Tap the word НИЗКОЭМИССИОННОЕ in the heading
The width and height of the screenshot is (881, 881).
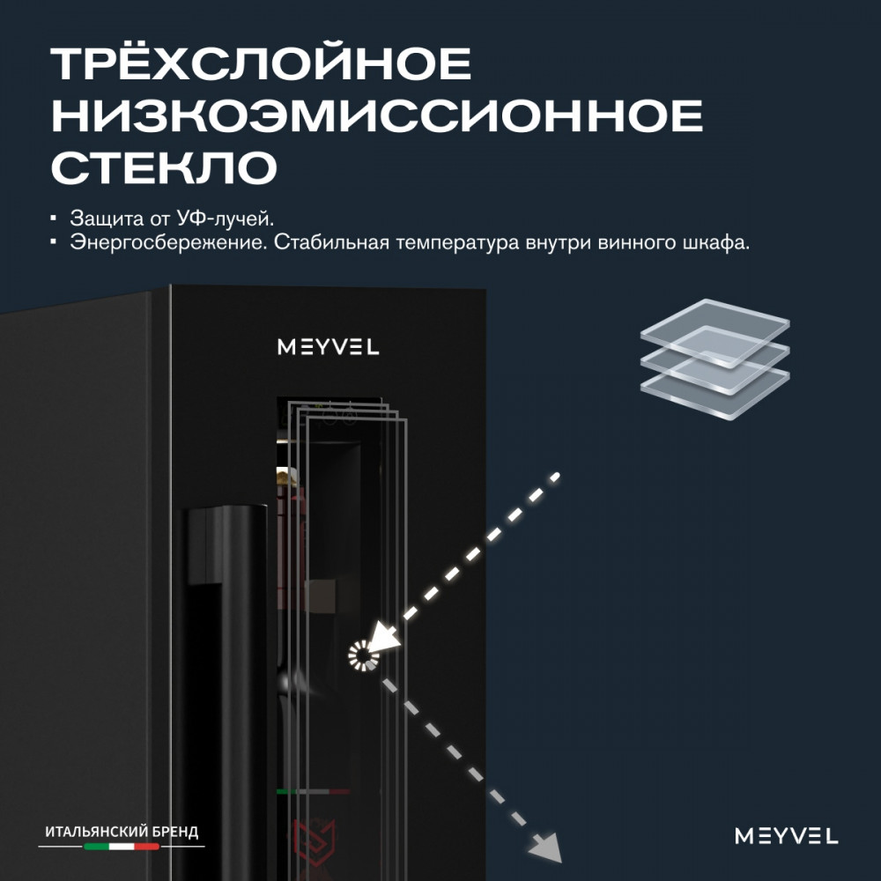[x=377, y=115]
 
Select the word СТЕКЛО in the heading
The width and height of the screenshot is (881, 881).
[x=164, y=167]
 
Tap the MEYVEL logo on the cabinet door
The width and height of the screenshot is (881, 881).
[x=328, y=346]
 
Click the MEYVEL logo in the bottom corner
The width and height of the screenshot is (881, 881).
[x=786, y=835]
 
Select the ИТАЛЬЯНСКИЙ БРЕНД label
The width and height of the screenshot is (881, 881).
[x=122, y=832]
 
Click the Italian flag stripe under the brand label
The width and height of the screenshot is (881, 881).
[x=122, y=846]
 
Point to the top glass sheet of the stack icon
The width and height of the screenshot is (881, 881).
[x=714, y=332]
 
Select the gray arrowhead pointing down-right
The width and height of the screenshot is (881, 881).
[x=546, y=846]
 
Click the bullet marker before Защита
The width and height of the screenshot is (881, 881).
[x=54, y=218]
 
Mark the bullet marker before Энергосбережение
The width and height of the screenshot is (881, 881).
[x=54, y=242]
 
